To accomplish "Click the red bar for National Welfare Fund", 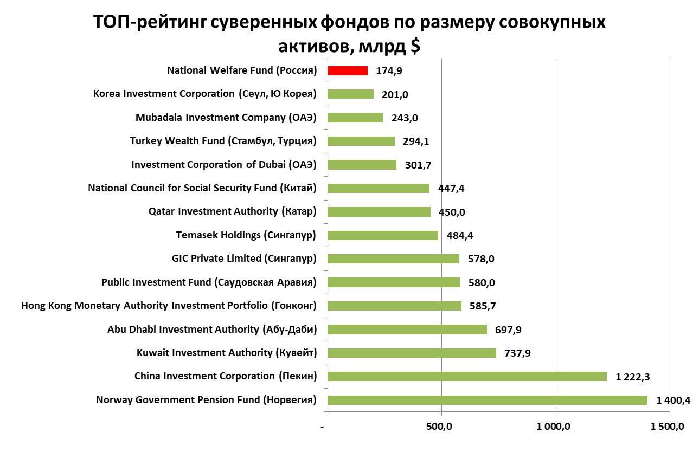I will (348, 70).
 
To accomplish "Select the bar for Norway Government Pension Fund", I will (488, 400).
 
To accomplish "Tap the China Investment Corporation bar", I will (467, 376).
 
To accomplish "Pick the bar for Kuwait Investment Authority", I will (412, 353).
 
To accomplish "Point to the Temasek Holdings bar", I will (383, 235).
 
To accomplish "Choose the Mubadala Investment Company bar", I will (355, 118).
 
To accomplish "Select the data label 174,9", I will (388, 71).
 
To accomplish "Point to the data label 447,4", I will (451, 189).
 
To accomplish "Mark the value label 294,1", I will (416, 141).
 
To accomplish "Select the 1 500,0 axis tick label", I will (668, 427).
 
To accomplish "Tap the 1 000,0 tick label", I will (554, 427).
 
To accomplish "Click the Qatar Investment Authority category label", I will (232, 211).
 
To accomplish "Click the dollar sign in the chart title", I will (414, 46).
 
